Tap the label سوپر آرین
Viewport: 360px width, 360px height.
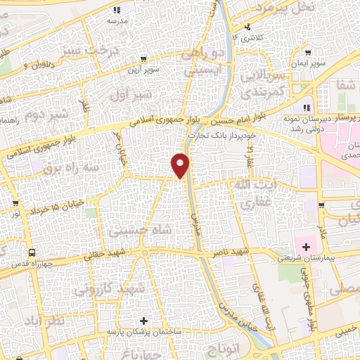(144, 70)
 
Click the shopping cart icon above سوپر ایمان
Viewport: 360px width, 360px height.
(308, 53)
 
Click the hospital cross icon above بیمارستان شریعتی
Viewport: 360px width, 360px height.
(306, 247)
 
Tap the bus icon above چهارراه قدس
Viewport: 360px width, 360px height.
(31, 252)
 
